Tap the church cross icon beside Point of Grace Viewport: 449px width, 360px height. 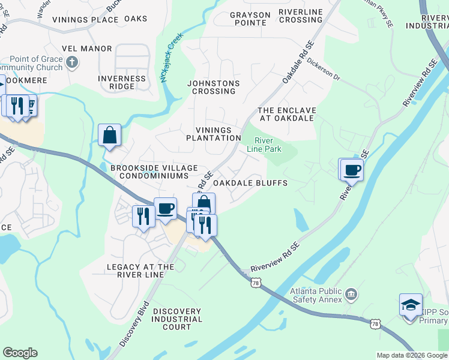72,62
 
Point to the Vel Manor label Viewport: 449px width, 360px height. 86,48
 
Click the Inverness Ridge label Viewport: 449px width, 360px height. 122,82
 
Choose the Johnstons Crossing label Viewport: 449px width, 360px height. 213,87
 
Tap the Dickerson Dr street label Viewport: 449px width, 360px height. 324,70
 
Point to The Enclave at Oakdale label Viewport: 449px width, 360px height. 286,114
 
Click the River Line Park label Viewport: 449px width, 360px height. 264,145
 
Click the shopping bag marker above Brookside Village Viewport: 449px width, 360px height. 110,135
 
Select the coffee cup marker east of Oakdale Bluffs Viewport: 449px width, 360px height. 352,170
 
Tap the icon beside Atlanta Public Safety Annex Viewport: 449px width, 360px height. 352,295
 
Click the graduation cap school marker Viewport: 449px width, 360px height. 411,305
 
